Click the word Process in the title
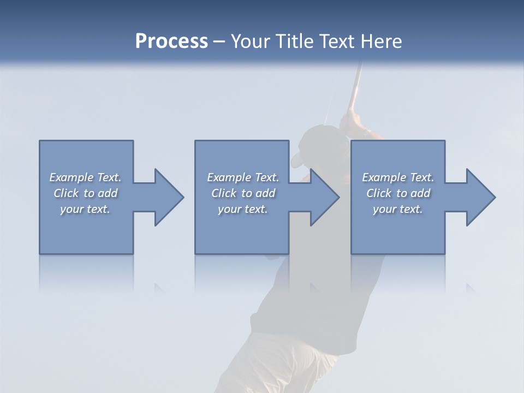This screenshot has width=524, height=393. tap(171, 41)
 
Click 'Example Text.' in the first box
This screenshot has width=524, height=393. tap(85, 177)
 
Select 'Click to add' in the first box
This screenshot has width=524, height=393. tap(85, 193)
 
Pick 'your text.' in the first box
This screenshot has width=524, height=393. tap(85, 209)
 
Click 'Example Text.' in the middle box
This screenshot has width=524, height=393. tap(242, 177)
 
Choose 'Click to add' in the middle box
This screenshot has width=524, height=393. tap(242, 193)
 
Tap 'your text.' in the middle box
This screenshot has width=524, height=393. tap(242, 209)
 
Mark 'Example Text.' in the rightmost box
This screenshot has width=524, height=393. tap(398, 177)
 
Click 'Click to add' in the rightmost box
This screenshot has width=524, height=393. tap(398, 193)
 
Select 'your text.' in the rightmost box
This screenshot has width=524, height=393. tap(398, 209)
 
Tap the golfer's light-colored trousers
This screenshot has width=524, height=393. tap(273, 360)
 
